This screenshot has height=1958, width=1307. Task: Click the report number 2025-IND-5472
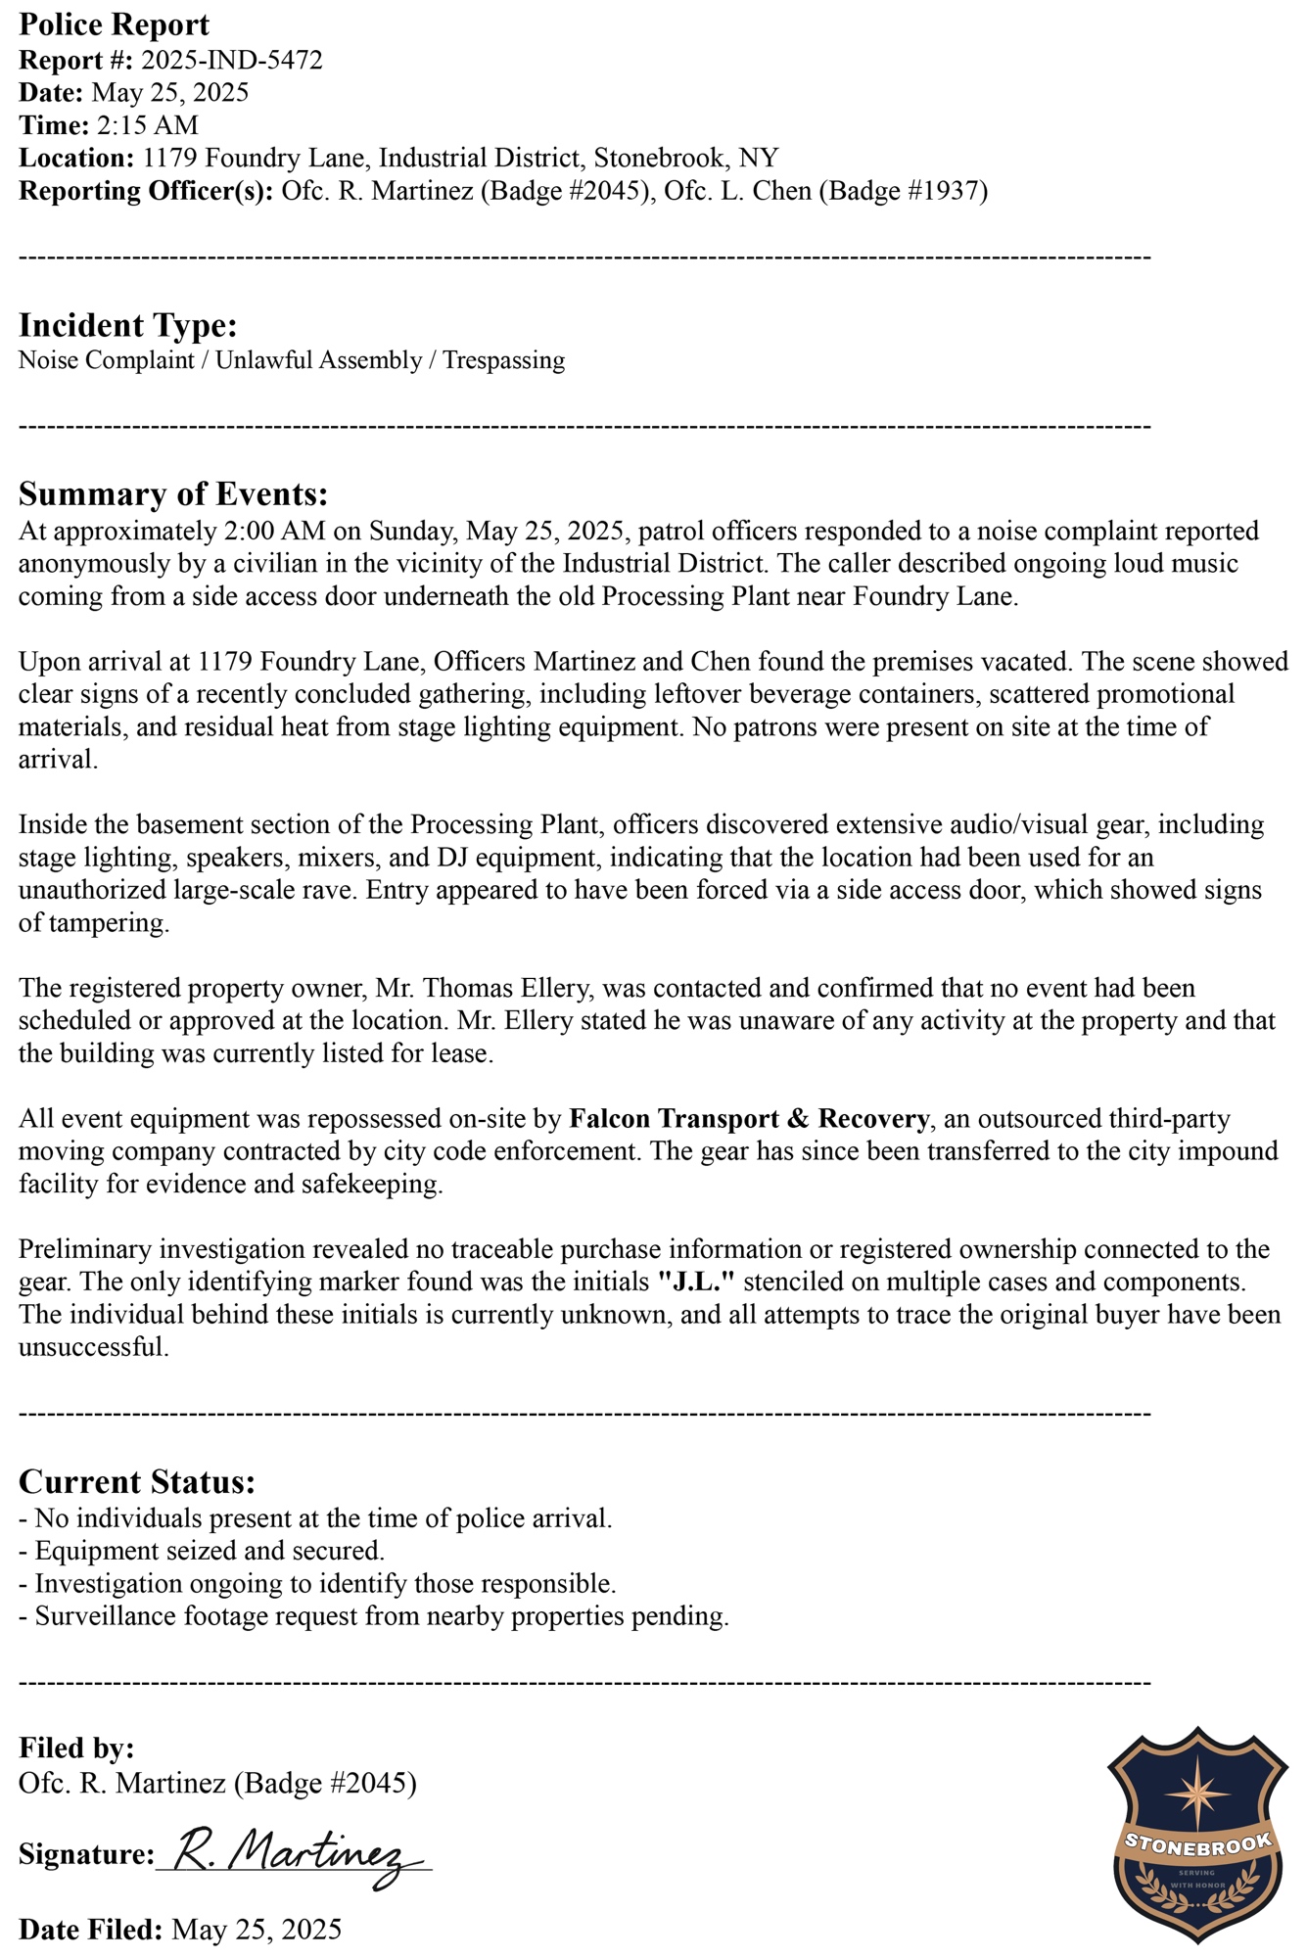(x=232, y=61)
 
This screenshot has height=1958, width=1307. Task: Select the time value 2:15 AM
(x=147, y=125)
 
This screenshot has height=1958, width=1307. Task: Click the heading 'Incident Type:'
(x=127, y=325)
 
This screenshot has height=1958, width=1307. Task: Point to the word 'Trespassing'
(x=503, y=360)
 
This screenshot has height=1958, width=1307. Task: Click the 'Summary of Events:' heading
(x=172, y=493)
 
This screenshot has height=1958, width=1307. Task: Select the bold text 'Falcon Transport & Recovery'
(x=749, y=1118)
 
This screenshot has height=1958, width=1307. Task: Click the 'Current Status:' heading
(x=137, y=1481)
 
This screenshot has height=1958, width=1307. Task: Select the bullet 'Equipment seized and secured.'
(x=209, y=1551)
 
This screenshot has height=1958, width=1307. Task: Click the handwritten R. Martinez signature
(x=294, y=1854)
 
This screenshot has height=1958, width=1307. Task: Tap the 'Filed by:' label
(x=76, y=1748)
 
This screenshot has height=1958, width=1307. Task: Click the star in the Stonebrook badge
(x=1198, y=1794)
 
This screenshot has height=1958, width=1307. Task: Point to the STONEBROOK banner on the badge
(x=1198, y=1845)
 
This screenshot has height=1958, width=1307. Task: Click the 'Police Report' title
(x=114, y=24)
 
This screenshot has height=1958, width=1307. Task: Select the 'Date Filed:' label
(x=90, y=1929)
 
